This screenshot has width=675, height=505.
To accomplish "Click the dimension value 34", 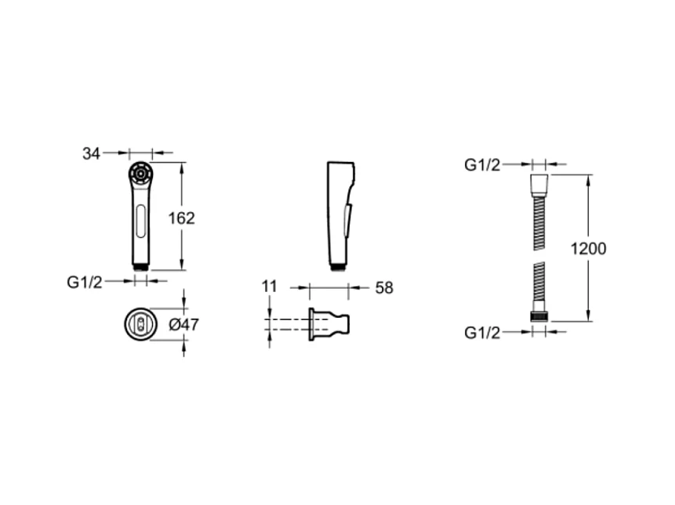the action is tap(91, 153).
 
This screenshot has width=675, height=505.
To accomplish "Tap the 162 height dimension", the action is tap(181, 218).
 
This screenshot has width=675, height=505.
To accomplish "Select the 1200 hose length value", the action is tap(588, 248).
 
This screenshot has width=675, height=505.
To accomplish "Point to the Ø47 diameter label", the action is tap(183, 324).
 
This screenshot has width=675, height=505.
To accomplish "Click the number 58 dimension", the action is tap(384, 288).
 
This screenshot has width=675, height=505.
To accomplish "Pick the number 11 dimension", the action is tap(270, 287).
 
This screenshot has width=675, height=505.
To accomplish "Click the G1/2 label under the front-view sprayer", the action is tap(85, 283).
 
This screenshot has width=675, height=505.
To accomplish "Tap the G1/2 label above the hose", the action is tap(482, 165).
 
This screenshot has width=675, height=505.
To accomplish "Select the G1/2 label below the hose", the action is tap(482, 333).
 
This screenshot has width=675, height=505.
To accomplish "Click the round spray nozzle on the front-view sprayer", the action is tap(140, 174).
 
